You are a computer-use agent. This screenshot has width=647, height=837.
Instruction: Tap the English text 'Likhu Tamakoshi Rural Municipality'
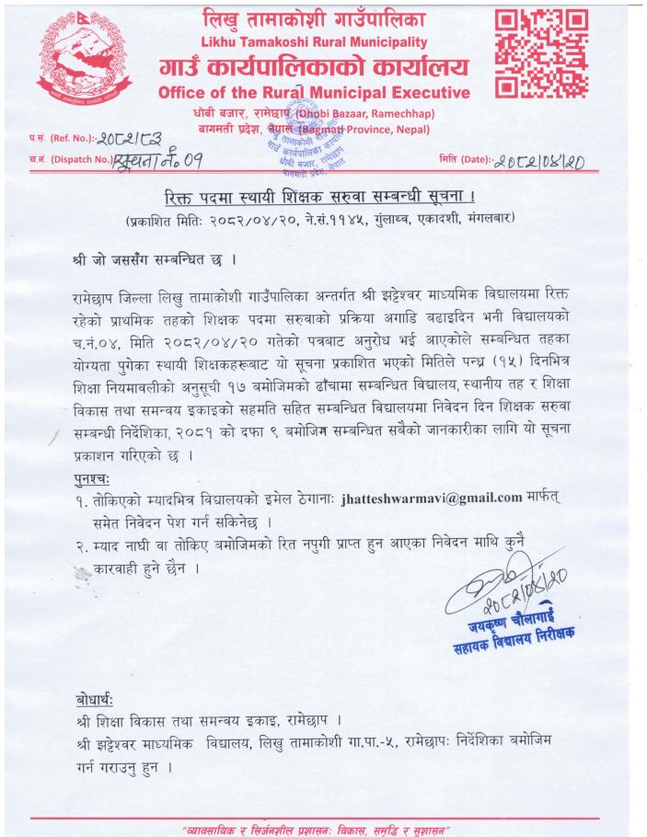tap(314, 42)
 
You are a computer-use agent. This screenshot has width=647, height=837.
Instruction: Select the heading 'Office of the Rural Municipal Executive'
tap(314, 93)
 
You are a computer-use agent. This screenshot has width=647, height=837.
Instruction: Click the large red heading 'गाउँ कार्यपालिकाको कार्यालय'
tap(314, 66)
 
